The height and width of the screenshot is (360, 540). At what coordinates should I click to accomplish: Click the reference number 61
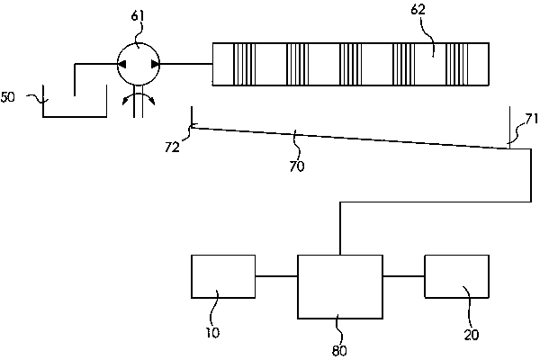138,16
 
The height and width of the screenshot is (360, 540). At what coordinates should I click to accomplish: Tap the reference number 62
418,9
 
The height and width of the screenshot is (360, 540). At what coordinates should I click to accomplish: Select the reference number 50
7,97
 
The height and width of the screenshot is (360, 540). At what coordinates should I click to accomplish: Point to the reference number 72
172,147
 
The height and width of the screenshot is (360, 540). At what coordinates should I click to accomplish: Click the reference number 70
297,166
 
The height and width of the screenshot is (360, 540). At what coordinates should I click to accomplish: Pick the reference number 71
531,119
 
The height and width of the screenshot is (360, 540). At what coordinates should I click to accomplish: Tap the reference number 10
212,333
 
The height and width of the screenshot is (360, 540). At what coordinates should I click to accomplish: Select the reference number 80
339,350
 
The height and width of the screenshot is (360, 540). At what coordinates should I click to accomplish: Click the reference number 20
471,335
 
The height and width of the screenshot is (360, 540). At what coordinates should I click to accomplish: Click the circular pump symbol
139,64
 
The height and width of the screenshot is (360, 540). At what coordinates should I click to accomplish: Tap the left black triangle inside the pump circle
121,64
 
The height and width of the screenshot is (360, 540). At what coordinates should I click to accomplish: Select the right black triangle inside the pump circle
156,64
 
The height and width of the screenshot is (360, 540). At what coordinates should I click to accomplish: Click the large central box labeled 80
340,286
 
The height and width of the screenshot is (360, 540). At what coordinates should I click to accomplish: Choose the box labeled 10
223,276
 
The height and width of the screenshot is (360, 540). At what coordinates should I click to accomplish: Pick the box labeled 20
456,276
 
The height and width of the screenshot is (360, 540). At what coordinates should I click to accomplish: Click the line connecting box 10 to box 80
276,276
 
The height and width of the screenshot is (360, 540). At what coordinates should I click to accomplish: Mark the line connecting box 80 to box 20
403,276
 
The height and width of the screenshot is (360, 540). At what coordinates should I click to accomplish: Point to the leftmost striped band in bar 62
245,64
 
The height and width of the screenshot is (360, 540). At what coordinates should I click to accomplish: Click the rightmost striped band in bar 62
457,64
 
